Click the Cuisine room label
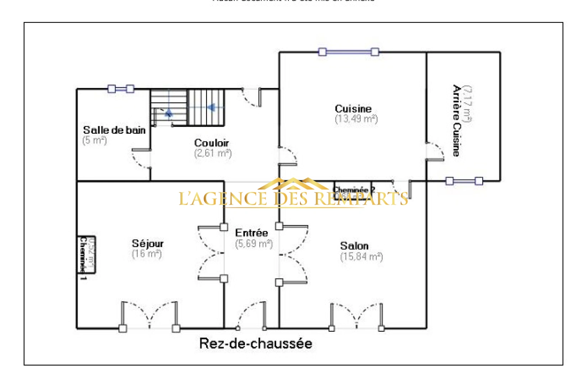353,109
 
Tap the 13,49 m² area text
356,119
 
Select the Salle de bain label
114,130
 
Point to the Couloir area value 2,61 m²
213,153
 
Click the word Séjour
147,244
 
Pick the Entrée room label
251,233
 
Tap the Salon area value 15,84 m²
361,257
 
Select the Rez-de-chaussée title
256,344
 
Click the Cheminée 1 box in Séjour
87,255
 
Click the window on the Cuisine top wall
348,52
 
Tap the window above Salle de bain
121,89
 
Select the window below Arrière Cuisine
464,181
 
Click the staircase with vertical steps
206,107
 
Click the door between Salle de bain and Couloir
142,159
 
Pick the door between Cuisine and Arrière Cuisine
435,152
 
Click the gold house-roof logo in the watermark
293,184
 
